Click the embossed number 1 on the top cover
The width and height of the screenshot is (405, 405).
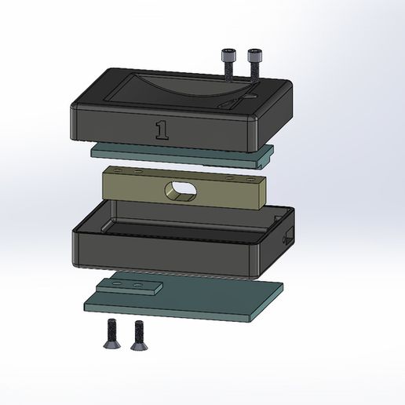click(162, 130)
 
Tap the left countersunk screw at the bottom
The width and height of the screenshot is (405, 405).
click(110, 333)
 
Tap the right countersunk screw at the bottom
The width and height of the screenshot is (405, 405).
click(140, 333)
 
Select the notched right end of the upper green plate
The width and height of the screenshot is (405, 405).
click(265, 158)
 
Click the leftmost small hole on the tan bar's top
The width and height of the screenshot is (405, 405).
click(117, 169)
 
